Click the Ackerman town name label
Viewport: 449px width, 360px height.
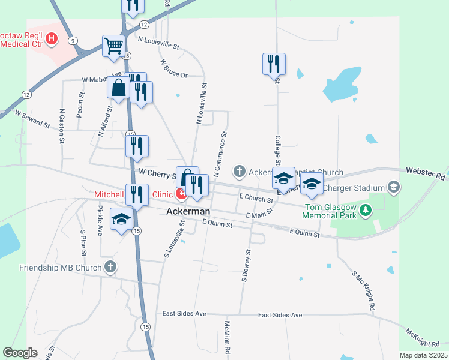coord(188,212)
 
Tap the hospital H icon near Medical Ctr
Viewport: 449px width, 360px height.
coord(52,40)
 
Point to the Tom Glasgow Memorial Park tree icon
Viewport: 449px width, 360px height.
coord(370,210)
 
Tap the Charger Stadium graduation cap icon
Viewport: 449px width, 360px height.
coord(394,187)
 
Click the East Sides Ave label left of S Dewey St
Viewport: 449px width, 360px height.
coord(185,314)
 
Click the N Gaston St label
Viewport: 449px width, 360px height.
coord(62,125)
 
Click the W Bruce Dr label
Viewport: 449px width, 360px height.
coord(174,68)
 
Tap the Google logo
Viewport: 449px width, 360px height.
coord(20,352)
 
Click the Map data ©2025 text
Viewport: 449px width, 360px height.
coord(424,355)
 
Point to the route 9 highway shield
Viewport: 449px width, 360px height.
coord(73,40)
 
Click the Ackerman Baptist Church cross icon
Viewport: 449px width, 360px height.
coord(239,172)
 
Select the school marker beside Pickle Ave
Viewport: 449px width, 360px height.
coord(122,220)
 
